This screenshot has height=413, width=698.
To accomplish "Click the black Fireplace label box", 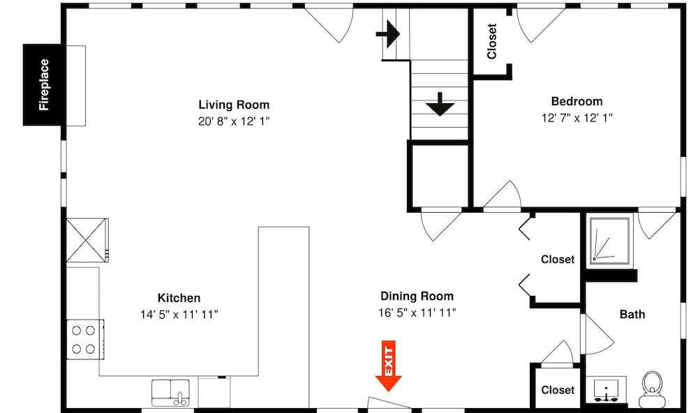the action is point(43,84).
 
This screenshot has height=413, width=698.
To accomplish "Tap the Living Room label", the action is point(234,105).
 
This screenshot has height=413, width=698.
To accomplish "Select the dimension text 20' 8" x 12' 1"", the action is point(234,121).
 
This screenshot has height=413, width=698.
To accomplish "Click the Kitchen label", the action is point(179,298).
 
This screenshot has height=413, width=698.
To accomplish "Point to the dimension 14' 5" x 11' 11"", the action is point(179,315).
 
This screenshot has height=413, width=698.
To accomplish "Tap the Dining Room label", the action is point(417,296).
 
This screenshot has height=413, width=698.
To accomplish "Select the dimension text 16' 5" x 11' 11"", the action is point(417,313).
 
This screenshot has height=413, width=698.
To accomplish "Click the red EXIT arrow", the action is point(389,366).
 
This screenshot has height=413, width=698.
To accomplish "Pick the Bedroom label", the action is point(577,101).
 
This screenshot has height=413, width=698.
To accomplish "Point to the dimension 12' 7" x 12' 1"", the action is point(577,118).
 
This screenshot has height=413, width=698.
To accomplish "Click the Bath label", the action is point(632,314).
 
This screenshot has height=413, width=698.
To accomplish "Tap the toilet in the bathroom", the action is point(653,389).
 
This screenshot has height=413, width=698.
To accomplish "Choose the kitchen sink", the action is point(170,393).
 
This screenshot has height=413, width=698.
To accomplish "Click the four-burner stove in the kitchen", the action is point(85,339).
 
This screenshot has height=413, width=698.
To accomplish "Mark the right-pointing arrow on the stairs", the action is point(388,33).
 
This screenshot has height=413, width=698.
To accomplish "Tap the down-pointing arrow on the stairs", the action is point(440,104).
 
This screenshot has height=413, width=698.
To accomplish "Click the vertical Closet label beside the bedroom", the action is point(492,41).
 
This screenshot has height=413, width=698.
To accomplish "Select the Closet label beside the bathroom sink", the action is point(558,390).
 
